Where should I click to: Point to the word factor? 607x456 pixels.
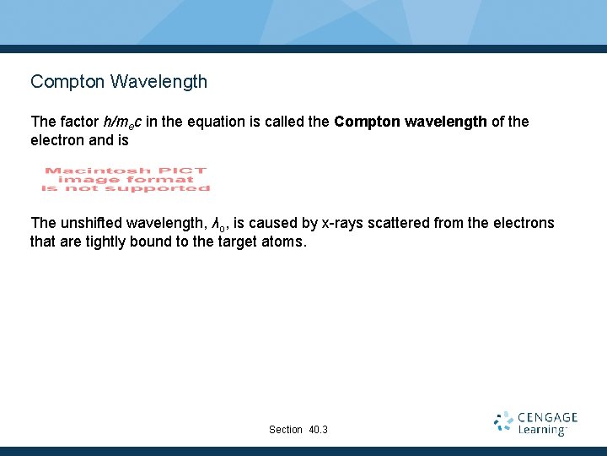point(78,122)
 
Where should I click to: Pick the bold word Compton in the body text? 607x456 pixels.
point(367,122)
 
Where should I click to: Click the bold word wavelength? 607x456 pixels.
point(445,122)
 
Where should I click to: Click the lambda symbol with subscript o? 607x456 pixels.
point(218,224)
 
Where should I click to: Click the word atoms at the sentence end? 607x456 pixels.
point(288,242)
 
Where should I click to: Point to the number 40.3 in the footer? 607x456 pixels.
point(318,430)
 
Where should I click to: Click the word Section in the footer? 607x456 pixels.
point(285,430)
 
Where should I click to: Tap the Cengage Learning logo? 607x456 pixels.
point(535,423)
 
